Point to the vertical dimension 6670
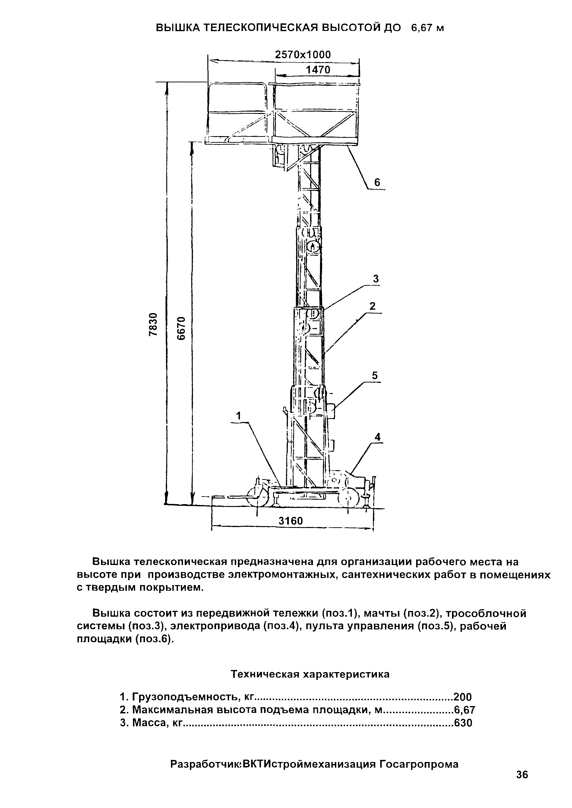pyautogui.click(x=180, y=328)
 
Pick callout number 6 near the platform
pyautogui.click(x=377, y=182)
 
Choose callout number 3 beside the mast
pyautogui.click(x=376, y=279)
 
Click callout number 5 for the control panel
pyautogui.click(x=375, y=376)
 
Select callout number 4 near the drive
pyautogui.click(x=378, y=437)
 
